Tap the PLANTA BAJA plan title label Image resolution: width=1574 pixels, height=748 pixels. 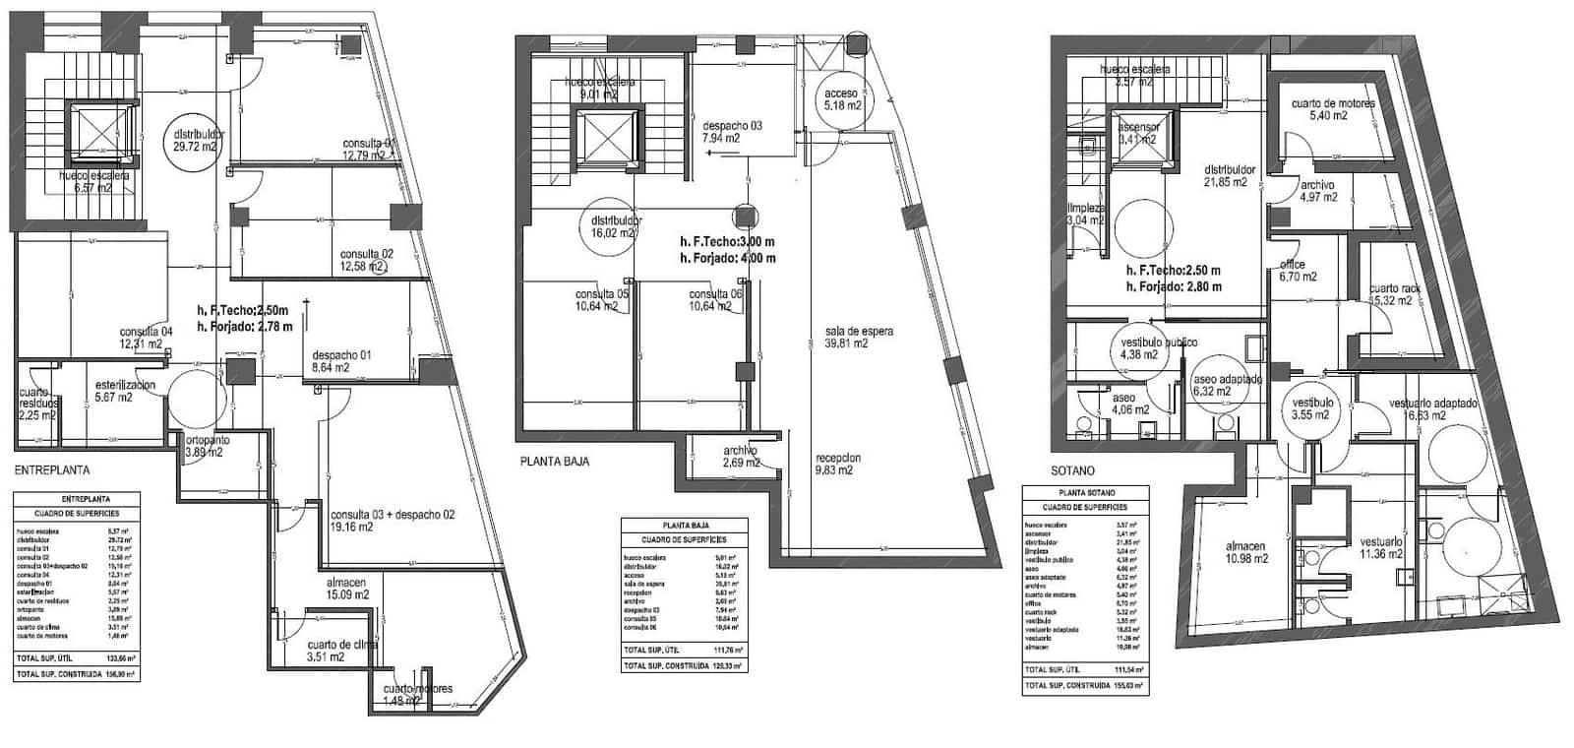[554, 460]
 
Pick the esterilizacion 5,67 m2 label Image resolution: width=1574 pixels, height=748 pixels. [124, 391]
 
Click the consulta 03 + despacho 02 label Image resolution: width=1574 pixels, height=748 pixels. [392, 521]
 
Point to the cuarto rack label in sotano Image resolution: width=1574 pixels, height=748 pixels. [1394, 294]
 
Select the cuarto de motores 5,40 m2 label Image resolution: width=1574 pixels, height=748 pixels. [1332, 109]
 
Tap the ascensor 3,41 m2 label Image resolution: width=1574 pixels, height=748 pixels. [1139, 134]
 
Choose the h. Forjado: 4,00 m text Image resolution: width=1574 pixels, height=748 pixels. [727, 259]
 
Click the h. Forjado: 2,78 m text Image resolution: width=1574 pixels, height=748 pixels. [244, 328]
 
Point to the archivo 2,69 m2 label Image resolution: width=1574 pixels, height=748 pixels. [741, 457]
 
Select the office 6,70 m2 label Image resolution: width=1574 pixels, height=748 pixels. [1296, 271]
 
